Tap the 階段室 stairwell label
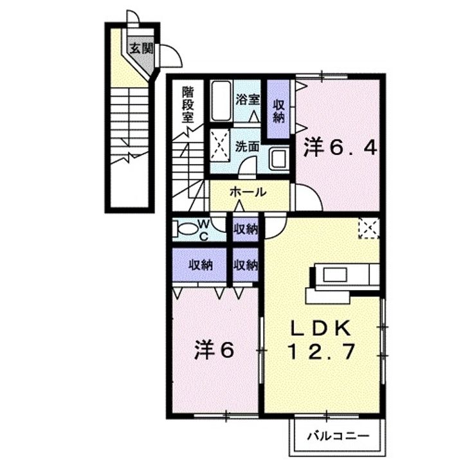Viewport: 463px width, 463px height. (x=188, y=105)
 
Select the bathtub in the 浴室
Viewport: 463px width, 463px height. (x=221, y=100)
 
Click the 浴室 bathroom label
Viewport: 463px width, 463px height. (x=248, y=100)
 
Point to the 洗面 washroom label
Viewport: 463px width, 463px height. (x=247, y=147)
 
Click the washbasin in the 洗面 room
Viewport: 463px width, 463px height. (x=279, y=159)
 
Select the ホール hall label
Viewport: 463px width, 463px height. (x=248, y=192)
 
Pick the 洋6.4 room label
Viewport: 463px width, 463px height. (x=341, y=148)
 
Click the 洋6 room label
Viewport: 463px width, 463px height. (x=215, y=350)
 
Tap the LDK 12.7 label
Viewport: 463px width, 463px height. (x=322, y=340)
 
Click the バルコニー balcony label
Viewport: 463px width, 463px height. (x=338, y=436)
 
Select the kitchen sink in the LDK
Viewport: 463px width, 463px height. (x=334, y=275)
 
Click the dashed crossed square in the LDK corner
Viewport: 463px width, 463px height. (x=369, y=228)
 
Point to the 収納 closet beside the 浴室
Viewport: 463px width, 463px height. (x=278, y=109)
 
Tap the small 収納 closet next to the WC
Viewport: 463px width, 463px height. (x=246, y=230)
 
